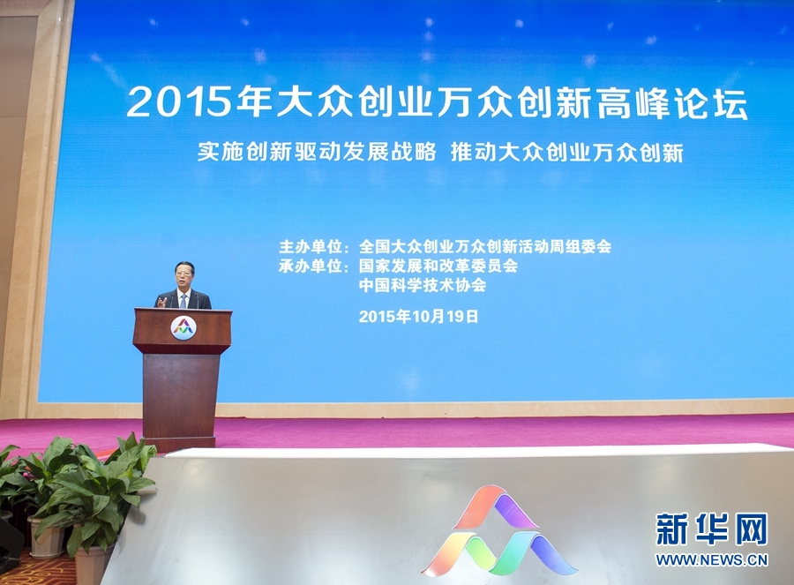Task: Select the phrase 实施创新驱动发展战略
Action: pyautogui.click(x=317, y=152)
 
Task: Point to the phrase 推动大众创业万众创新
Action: pyautogui.click(x=566, y=152)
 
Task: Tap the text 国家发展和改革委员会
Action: pyautogui.click(x=438, y=266)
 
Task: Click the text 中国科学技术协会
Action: pyautogui.click(x=423, y=286)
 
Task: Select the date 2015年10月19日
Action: pyautogui.click(x=418, y=316)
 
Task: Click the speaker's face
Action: pyautogui.click(x=184, y=276)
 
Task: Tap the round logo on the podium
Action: pyautogui.click(x=183, y=328)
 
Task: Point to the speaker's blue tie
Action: pyautogui.click(x=184, y=300)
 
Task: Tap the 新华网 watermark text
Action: pyautogui.click(x=711, y=529)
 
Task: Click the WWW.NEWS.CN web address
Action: pyautogui.click(x=711, y=559)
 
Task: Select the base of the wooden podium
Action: pyautogui.click(x=178, y=442)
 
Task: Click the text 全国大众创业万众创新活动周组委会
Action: pyautogui.click(x=484, y=247)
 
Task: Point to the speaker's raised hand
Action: pyautogui.click(x=162, y=301)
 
